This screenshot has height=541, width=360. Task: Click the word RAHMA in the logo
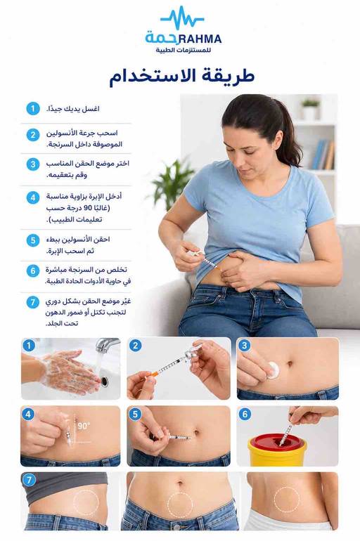click(200, 39)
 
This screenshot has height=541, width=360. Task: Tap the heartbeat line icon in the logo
click(182, 18)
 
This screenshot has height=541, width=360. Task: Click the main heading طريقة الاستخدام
click(182, 77)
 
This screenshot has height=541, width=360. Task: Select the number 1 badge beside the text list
click(33, 109)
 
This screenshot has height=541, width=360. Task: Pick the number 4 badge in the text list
click(33, 197)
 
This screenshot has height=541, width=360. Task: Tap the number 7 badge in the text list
click(33, 302)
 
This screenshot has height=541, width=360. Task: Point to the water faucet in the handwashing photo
click(107, 345)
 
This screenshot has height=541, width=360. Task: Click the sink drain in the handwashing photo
click(105, 381)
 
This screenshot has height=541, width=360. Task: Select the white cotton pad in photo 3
click(274, 370)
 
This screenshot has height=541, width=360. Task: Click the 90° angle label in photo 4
click(84, 426)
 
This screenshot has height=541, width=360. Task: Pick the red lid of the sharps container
click(277, 442)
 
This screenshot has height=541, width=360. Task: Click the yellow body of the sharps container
click(277, 456)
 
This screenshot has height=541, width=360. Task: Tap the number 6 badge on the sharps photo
click(245, 414)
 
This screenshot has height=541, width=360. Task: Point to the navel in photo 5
click(197, 433)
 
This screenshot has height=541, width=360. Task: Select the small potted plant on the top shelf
click(310, 109)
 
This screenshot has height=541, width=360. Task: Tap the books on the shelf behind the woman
click(323, 155)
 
